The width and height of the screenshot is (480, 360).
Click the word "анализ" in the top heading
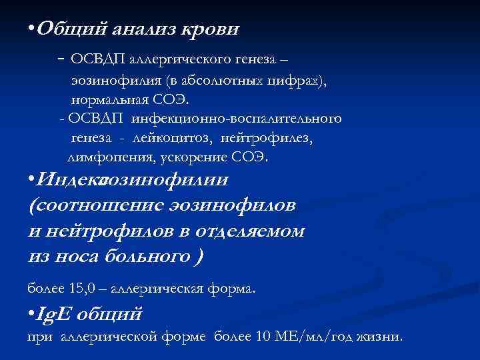coord(147,29)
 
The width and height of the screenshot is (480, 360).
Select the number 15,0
coord(82,289)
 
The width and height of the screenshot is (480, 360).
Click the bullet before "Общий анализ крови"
coord(31,29)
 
